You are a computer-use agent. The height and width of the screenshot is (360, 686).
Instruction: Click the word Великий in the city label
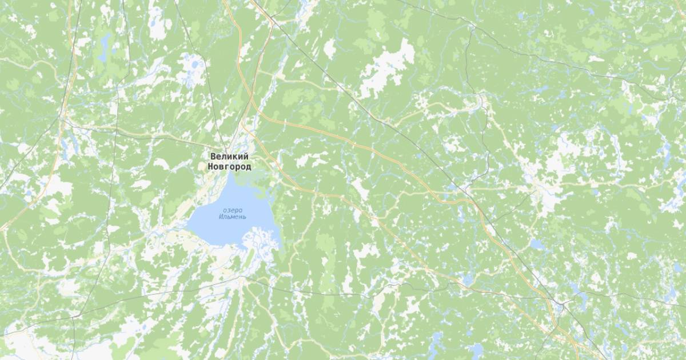click(229, 157)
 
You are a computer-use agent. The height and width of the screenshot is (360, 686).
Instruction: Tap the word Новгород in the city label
click(229, 166)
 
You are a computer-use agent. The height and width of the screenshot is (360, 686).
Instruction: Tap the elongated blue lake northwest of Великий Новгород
click(104, 46)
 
